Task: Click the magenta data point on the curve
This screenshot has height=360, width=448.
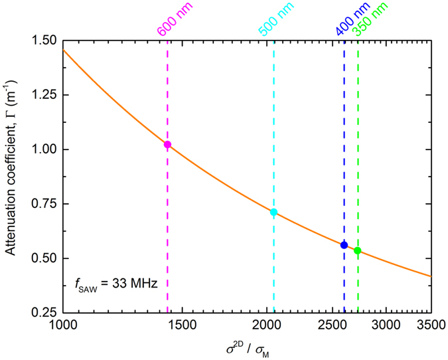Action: (x=167, y=144)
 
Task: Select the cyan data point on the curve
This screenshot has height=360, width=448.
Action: (x=273, y=213)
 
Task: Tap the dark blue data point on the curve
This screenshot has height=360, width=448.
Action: (x=344, y=245)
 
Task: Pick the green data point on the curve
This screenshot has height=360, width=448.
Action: (x=358, y=250)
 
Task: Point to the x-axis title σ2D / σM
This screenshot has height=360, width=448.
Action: (x=247, y=347)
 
